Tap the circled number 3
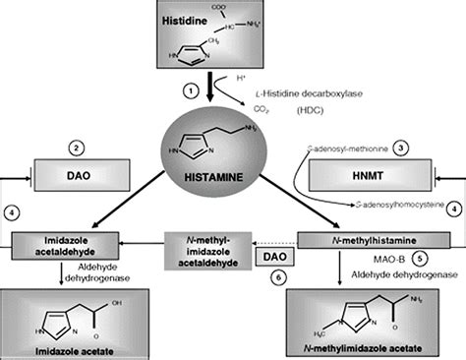(401, 148)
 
